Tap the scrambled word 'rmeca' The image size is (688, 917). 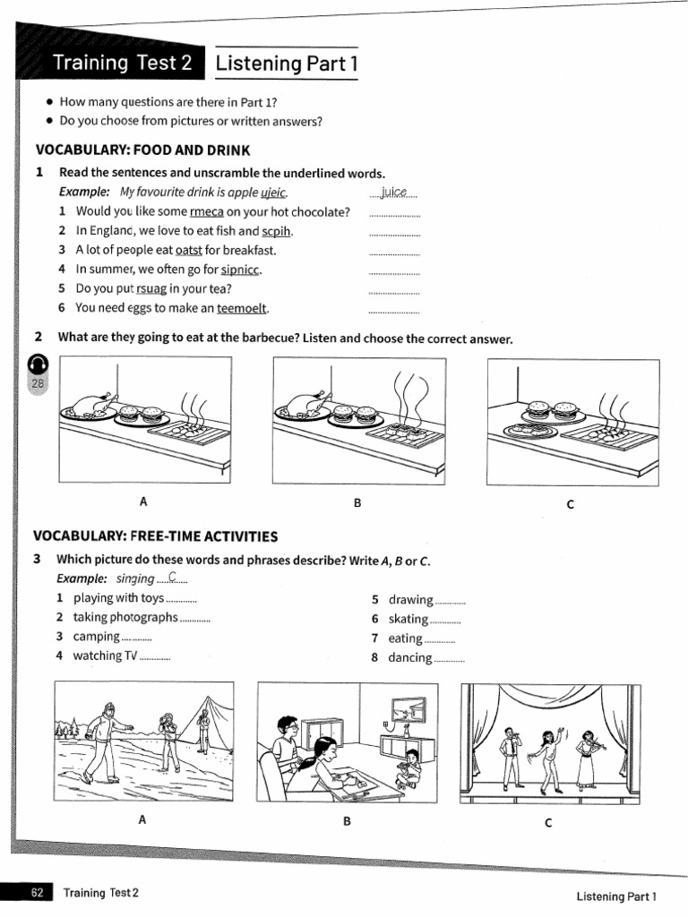(206, 212)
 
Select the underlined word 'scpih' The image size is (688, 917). (278, 231)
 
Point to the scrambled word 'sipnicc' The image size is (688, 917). (241, 270)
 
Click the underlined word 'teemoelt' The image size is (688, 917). (242, 308)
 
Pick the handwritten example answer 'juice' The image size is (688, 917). (393, 192)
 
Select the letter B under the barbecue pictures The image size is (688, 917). (357, 503)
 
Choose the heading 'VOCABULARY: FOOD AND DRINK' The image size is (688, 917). (142, 150)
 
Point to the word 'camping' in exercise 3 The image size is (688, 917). (97, 637)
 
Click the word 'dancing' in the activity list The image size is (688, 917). (409, 657)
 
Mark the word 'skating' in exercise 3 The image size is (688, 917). (408, 619)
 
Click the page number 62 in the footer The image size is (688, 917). (38, 893)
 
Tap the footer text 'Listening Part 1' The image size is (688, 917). (616, 895)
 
